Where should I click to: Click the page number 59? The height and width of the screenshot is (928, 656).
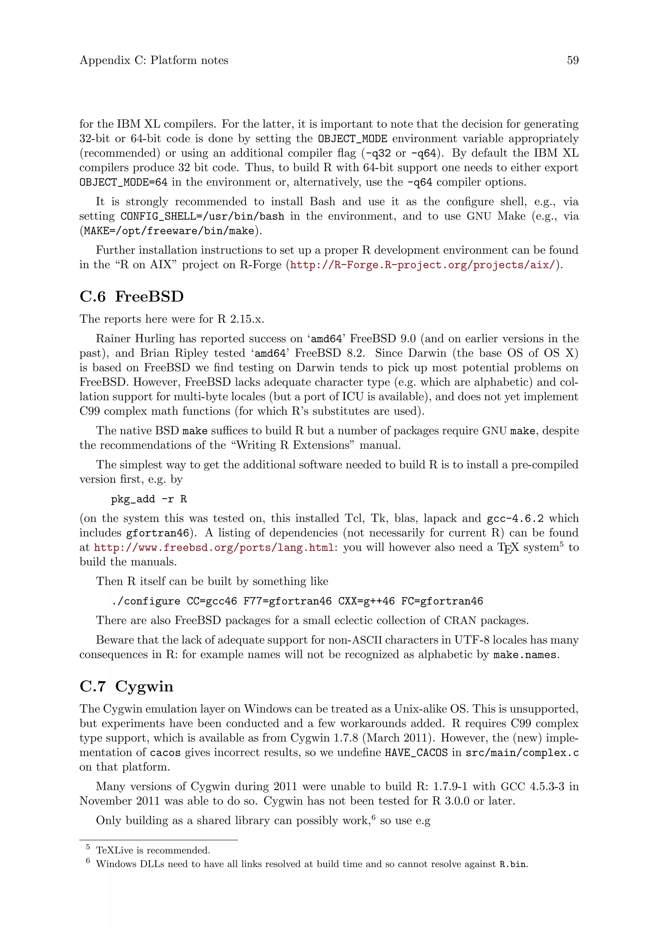pyautogui.click(x=572, y=60)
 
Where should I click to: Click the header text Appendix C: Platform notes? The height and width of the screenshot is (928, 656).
pyautogui.click(x=153, y=60)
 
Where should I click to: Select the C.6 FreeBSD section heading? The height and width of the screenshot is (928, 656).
pyautogui.click(x=132, y=296)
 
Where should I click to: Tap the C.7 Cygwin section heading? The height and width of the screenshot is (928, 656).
pyautogui.click(x=127, y=686)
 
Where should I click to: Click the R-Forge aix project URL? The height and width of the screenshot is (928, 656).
pyautogui.click(x=422, y=265)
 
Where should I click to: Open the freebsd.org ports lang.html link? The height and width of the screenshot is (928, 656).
pyautogui.click(x=214, y=548)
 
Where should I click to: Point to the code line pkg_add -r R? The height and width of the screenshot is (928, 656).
pyautogui.click(x=149, y=499)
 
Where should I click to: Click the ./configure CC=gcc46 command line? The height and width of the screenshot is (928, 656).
pyautogui.click(x=297, y=601)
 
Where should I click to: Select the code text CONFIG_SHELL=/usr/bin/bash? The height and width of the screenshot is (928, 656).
pyautogui.click(x=202, y=216)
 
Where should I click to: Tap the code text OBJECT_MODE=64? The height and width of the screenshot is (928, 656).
pyautogui.click(x=123, y=182)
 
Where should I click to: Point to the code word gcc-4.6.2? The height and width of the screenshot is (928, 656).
pyautogui.click(x=515, y=518)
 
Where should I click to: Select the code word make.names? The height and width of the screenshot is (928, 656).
pyautogui.click(x=525, y=654)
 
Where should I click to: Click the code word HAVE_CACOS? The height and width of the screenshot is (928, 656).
pyautogui.click(x=416, y=753)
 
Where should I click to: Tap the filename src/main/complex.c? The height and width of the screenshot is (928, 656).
pyautogui.click(x=522, y=753)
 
